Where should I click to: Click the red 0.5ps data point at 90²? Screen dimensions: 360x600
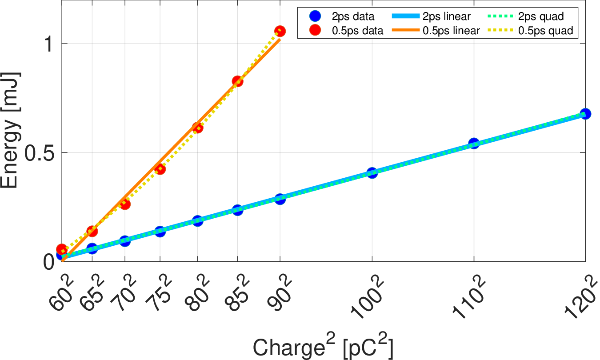[280, 31]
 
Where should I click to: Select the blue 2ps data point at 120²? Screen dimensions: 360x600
[585, 113]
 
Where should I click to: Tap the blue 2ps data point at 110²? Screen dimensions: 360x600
[474, 143]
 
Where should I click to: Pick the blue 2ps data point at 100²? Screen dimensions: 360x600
[372, 173]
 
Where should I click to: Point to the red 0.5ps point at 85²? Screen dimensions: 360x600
[237, 81]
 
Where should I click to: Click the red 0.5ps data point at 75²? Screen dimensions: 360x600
[160, 169]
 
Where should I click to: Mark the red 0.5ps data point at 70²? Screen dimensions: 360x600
[125, 204]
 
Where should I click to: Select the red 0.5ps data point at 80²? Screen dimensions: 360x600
[198, 128]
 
